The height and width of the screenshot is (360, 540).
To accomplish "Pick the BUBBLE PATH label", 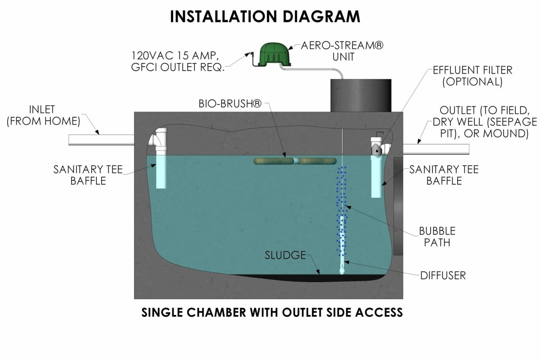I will point(437,237).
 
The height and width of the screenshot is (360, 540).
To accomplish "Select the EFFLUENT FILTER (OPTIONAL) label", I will point(472,76).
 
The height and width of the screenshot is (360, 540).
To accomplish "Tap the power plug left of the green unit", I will point(248,55).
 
